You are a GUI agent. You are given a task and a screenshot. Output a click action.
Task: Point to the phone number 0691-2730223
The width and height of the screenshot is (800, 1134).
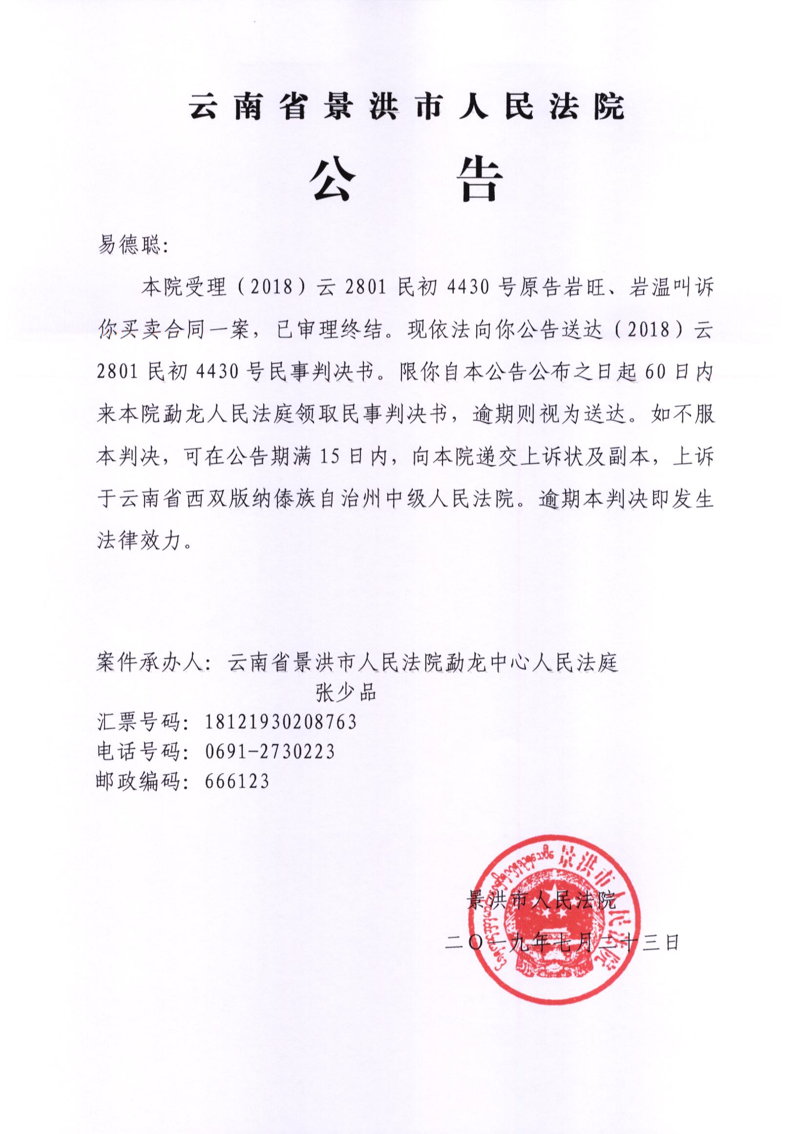point(269,752)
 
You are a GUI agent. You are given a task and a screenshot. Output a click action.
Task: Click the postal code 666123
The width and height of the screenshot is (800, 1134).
point(236,781)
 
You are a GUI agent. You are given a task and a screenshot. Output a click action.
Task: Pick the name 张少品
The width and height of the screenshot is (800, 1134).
point(346,693)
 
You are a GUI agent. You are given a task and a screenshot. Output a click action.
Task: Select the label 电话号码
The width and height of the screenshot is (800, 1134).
point(139,752)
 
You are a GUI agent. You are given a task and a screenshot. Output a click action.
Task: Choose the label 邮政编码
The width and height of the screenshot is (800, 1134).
point(139,781)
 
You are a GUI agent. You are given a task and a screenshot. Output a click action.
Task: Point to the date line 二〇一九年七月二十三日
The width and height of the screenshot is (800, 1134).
point(563,943)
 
